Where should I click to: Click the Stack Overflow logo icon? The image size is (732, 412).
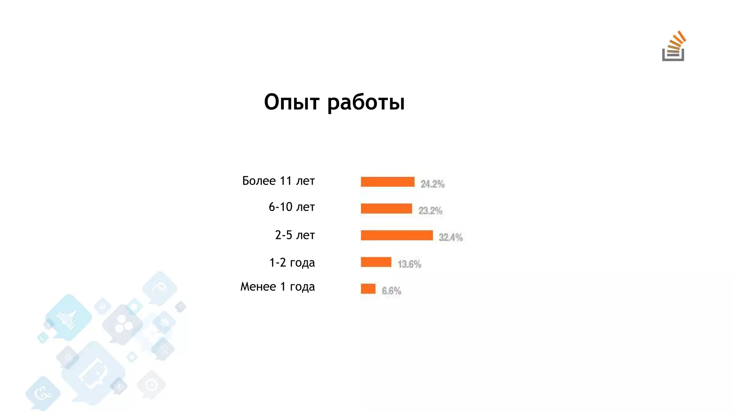673,46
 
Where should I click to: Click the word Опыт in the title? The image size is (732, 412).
291,102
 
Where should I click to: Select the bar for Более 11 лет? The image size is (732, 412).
387,182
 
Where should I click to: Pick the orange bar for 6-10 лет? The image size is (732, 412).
386,209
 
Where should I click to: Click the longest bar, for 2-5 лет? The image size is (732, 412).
396,235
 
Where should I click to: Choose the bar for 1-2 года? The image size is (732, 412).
376,262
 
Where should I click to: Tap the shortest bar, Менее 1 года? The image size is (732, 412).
368,289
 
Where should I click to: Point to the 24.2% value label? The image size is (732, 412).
432,184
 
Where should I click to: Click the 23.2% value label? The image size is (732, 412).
430,211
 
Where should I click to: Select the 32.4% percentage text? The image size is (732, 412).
451,237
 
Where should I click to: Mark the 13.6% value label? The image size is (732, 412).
409,264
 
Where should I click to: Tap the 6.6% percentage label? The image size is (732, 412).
391,291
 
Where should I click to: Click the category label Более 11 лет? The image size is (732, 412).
278,181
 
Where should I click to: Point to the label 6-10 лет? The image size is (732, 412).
292,207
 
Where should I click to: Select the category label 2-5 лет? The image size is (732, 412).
295,235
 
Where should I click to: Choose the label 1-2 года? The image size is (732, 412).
292,263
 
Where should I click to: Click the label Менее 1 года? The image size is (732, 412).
277,286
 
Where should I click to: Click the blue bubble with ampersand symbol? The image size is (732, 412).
43,394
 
